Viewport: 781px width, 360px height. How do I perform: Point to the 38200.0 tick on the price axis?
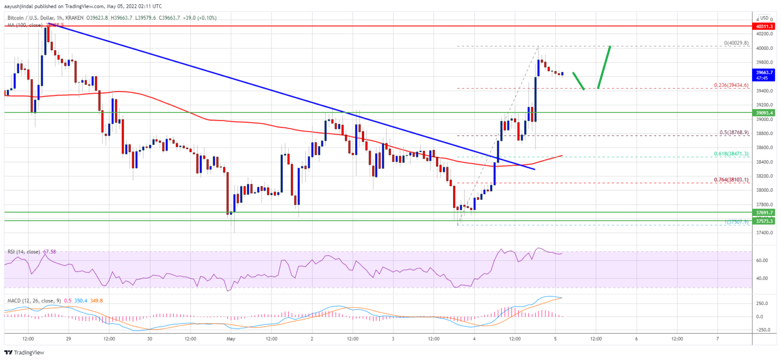tap(764, 176)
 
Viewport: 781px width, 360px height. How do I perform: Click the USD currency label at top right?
tap(764, 18)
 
